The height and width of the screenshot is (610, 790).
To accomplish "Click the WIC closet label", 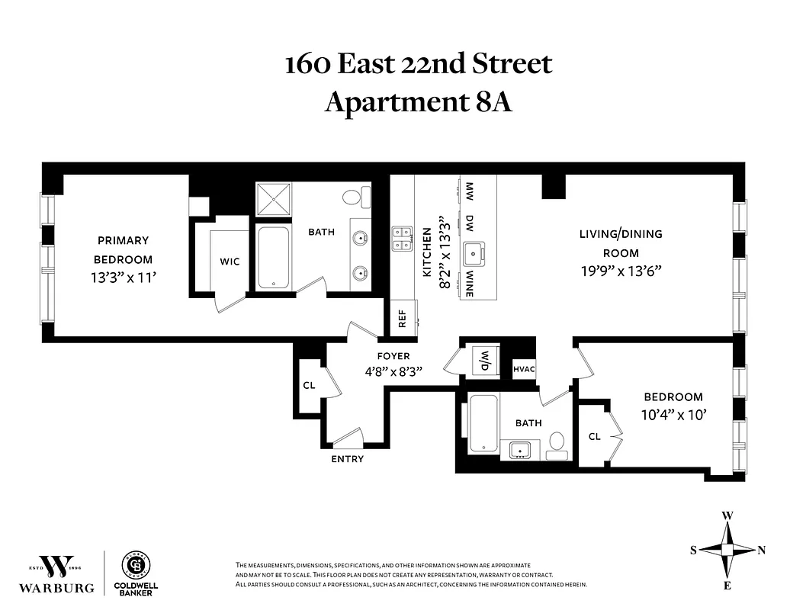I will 230,262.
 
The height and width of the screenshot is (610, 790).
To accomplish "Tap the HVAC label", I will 524,370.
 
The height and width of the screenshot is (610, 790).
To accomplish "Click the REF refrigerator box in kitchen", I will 402,316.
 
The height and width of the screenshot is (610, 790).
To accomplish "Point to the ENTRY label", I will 347,459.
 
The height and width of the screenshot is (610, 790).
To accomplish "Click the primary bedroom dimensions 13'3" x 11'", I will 124,278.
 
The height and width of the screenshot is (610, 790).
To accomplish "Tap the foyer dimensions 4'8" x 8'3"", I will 393,371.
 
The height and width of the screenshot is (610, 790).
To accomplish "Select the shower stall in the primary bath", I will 273,200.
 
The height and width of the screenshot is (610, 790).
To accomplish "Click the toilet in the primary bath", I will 352,197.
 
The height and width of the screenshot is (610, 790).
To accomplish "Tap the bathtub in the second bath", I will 483,425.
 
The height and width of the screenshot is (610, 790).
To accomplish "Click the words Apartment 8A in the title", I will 418,101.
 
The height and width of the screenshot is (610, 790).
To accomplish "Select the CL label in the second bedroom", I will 595,437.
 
